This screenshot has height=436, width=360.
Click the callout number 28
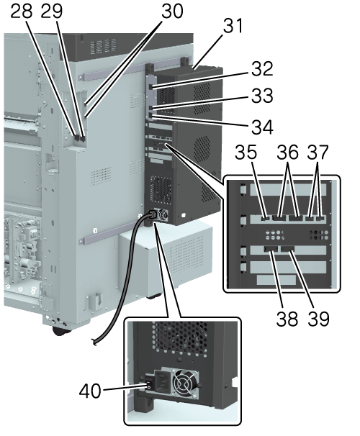point(22,11)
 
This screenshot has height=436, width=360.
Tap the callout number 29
point(52,11)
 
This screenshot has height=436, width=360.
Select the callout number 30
point(172,11)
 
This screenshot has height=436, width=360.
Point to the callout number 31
point(233,26)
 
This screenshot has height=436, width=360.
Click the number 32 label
point(262,68)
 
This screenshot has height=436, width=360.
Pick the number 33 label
point(262,96)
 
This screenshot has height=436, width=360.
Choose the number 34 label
point(262,127)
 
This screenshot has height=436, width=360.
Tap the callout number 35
point(246,152)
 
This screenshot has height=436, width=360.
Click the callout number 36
point(288,152)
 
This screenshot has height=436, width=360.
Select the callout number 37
point(318,152)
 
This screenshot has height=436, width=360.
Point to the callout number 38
point(287,319)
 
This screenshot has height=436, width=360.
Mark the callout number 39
point(318,319)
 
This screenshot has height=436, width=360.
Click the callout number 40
point(90,391)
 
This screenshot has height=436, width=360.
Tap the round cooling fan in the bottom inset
point(184,385)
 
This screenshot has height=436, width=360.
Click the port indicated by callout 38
point(271,249)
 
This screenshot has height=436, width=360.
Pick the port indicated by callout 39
point(288,249)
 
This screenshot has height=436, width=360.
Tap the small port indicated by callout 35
point(266,219)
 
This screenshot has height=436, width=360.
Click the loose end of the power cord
point(95,342)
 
